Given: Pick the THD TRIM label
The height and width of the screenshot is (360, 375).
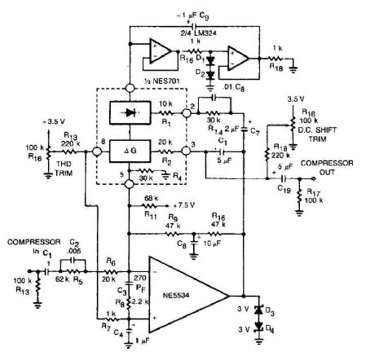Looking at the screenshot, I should [60, 162].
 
